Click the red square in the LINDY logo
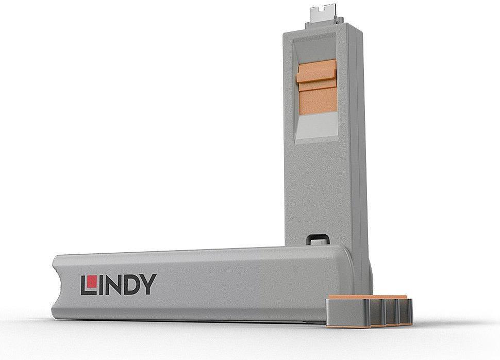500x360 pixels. [x=92, y=281]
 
